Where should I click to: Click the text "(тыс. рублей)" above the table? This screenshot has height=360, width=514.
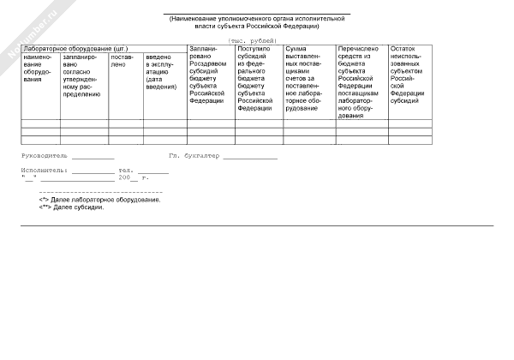(252, 41)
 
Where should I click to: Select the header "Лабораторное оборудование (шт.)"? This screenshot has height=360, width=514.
(76, 50)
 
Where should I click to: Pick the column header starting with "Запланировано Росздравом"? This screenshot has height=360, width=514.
(210, 75)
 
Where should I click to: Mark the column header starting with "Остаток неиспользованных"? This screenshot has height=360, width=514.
(408, 75)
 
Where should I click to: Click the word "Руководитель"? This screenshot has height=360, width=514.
(45, 156)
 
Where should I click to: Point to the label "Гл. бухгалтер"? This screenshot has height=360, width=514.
(194, 156)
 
